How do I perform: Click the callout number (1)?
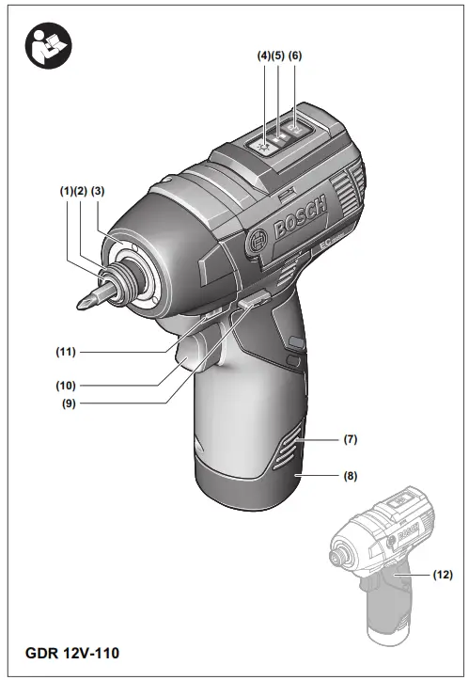(x=66, y=191)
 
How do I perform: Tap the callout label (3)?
(x=97, y=191)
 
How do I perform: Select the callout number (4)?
(x=263, y=55)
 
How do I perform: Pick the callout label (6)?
(x=295, y=55)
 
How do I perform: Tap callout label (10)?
(x=65, y=385)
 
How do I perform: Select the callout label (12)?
(x=441, y=574)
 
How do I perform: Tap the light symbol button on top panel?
(x=267, y=142)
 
